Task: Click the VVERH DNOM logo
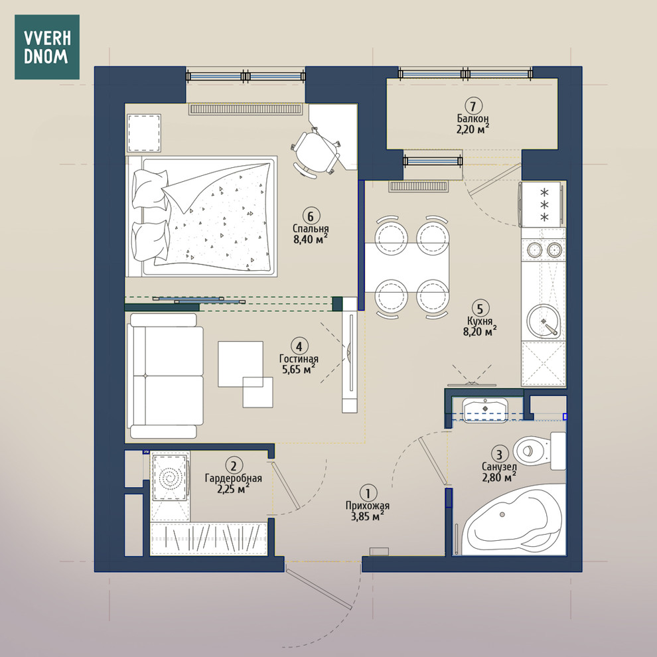pyautogui.click(x=47, y=47)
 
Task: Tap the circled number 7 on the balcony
pyautogui.click(x=473, y=106)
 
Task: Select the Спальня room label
pyautogui.click(x=311, y=229)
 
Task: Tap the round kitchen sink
pyautogui.click(x=544, y=321)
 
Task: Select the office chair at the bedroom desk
pyautogui.click(x=315, y=152)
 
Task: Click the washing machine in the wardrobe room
pyautogui.click(x=170, y=476)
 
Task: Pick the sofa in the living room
pyautogui.click(x=165, y=376)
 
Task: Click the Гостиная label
pyautogui.click(x=299, y=359)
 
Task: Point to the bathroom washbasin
pyautogui.click(x=485, y=410)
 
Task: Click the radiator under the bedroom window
pyautogui.click(x=246, y=110)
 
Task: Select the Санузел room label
pyautogui.click(x=499, y=467)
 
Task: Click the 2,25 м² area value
pyautogui.click(x=234, y=488)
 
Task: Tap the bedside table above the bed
pyautogui.click(x=144, y=133)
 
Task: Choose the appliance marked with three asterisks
pyautogui.click(x=541, y=204)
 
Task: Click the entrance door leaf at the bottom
pyautogui.click(x=319, y=587)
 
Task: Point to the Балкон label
pyautogui.click(x=473, y=119)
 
